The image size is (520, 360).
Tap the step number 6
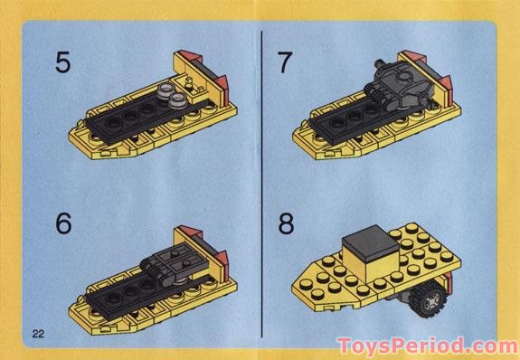[x=62, y=223]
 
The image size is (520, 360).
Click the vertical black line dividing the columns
[x=261, y=181]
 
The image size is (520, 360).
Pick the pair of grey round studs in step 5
[x=168, y=90]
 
